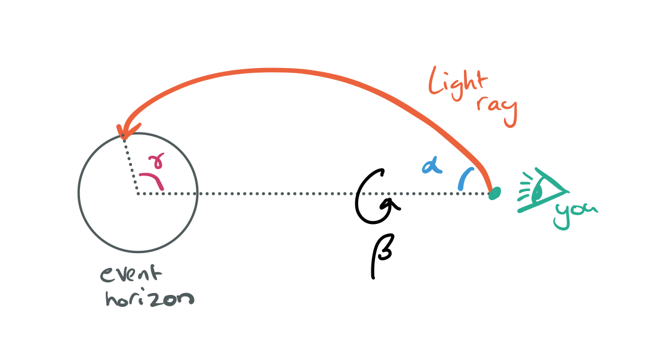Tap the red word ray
tap(497, 110)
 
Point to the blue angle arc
tap(464, 179)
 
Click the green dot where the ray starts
tap(494, 193)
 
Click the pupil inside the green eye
tap(538, 190)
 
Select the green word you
tap(574, 214)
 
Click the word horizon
tap(149, 298)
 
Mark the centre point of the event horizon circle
tap(137, 193)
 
